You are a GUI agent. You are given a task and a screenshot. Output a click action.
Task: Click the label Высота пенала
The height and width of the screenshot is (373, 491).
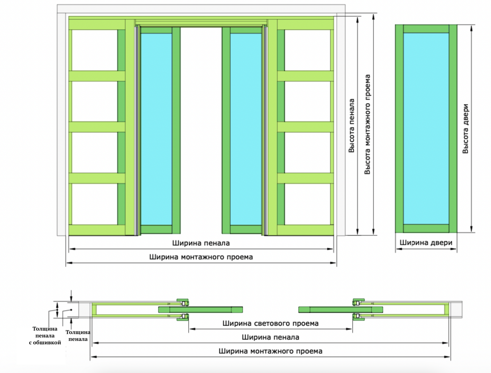(352, 126)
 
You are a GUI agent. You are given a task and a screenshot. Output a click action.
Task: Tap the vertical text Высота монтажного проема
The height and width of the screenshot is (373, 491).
(367, 125)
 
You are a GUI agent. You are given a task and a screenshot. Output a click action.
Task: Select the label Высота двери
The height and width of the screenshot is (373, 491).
(466, 129)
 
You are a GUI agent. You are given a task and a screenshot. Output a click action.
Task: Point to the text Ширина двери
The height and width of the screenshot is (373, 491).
(426, 243)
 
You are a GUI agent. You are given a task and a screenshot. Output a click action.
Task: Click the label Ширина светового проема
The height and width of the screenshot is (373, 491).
(270, 323)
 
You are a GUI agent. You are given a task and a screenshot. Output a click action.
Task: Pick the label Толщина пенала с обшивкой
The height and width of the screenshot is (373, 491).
(45, 336)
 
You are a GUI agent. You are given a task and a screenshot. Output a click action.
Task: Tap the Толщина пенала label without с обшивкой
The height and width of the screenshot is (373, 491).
(78, 336)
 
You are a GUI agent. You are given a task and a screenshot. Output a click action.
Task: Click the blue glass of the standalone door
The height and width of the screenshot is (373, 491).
(426, 129)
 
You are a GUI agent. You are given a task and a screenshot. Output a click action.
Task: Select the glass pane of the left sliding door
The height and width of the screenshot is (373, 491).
(156, 129)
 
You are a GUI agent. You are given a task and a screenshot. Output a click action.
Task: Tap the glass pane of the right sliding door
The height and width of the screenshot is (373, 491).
(246, 129)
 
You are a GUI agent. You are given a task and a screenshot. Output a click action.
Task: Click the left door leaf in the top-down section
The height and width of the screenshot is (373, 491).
(200, 310)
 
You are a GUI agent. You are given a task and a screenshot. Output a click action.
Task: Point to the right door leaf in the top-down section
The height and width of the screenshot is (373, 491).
(340, 310)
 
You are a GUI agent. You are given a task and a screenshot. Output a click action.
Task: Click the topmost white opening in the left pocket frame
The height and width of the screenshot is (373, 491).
(94, 50)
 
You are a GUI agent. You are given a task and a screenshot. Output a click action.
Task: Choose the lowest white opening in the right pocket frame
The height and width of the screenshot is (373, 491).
(307, 204)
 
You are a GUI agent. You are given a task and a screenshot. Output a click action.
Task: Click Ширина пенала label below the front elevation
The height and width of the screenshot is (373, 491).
(201, 243)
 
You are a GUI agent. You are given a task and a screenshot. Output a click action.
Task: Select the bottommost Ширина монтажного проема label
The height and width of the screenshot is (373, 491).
(270, 351)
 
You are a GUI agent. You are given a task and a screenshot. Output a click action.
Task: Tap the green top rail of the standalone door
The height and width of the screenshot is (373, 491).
(426, 29)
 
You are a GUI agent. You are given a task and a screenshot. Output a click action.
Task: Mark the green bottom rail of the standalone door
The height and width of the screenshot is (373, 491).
(426, 228)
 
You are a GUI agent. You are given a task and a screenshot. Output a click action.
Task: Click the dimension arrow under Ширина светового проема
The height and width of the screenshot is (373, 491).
(270, 329)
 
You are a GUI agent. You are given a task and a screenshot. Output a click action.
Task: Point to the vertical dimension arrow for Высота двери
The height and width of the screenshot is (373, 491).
(471, 129)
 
